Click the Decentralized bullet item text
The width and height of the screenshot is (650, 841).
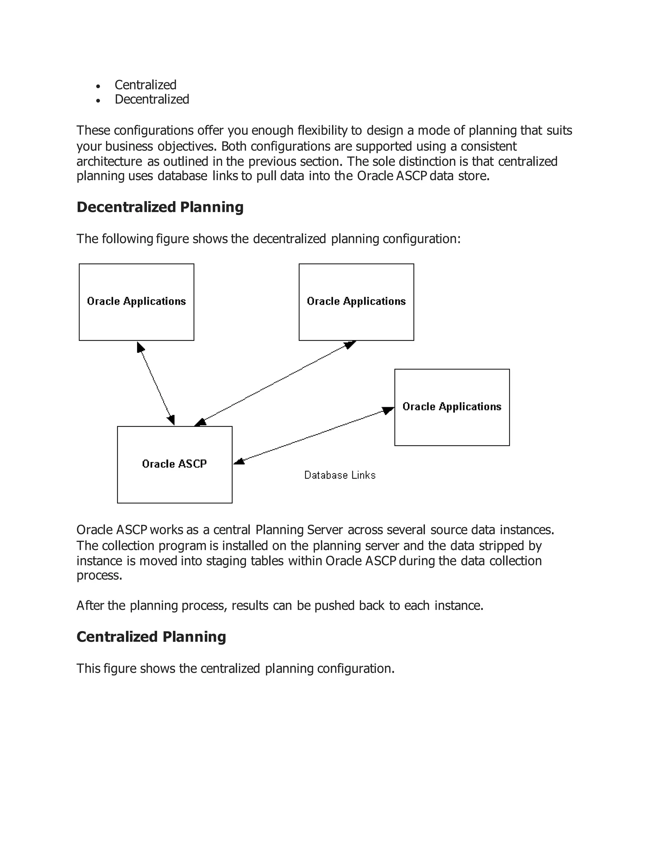point(152,99)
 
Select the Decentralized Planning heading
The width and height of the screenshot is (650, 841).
point(160,207)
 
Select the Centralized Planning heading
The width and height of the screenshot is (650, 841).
point(151,637)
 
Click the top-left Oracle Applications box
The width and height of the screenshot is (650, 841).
point(136,302)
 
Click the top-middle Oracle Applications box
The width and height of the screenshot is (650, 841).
point(356,302)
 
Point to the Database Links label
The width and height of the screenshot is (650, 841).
point(340,475)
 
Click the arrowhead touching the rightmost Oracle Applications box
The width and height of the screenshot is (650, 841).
point(388,410)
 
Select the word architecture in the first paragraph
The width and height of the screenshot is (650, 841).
point(109,161)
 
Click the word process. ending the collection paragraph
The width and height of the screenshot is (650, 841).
point(99,575)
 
